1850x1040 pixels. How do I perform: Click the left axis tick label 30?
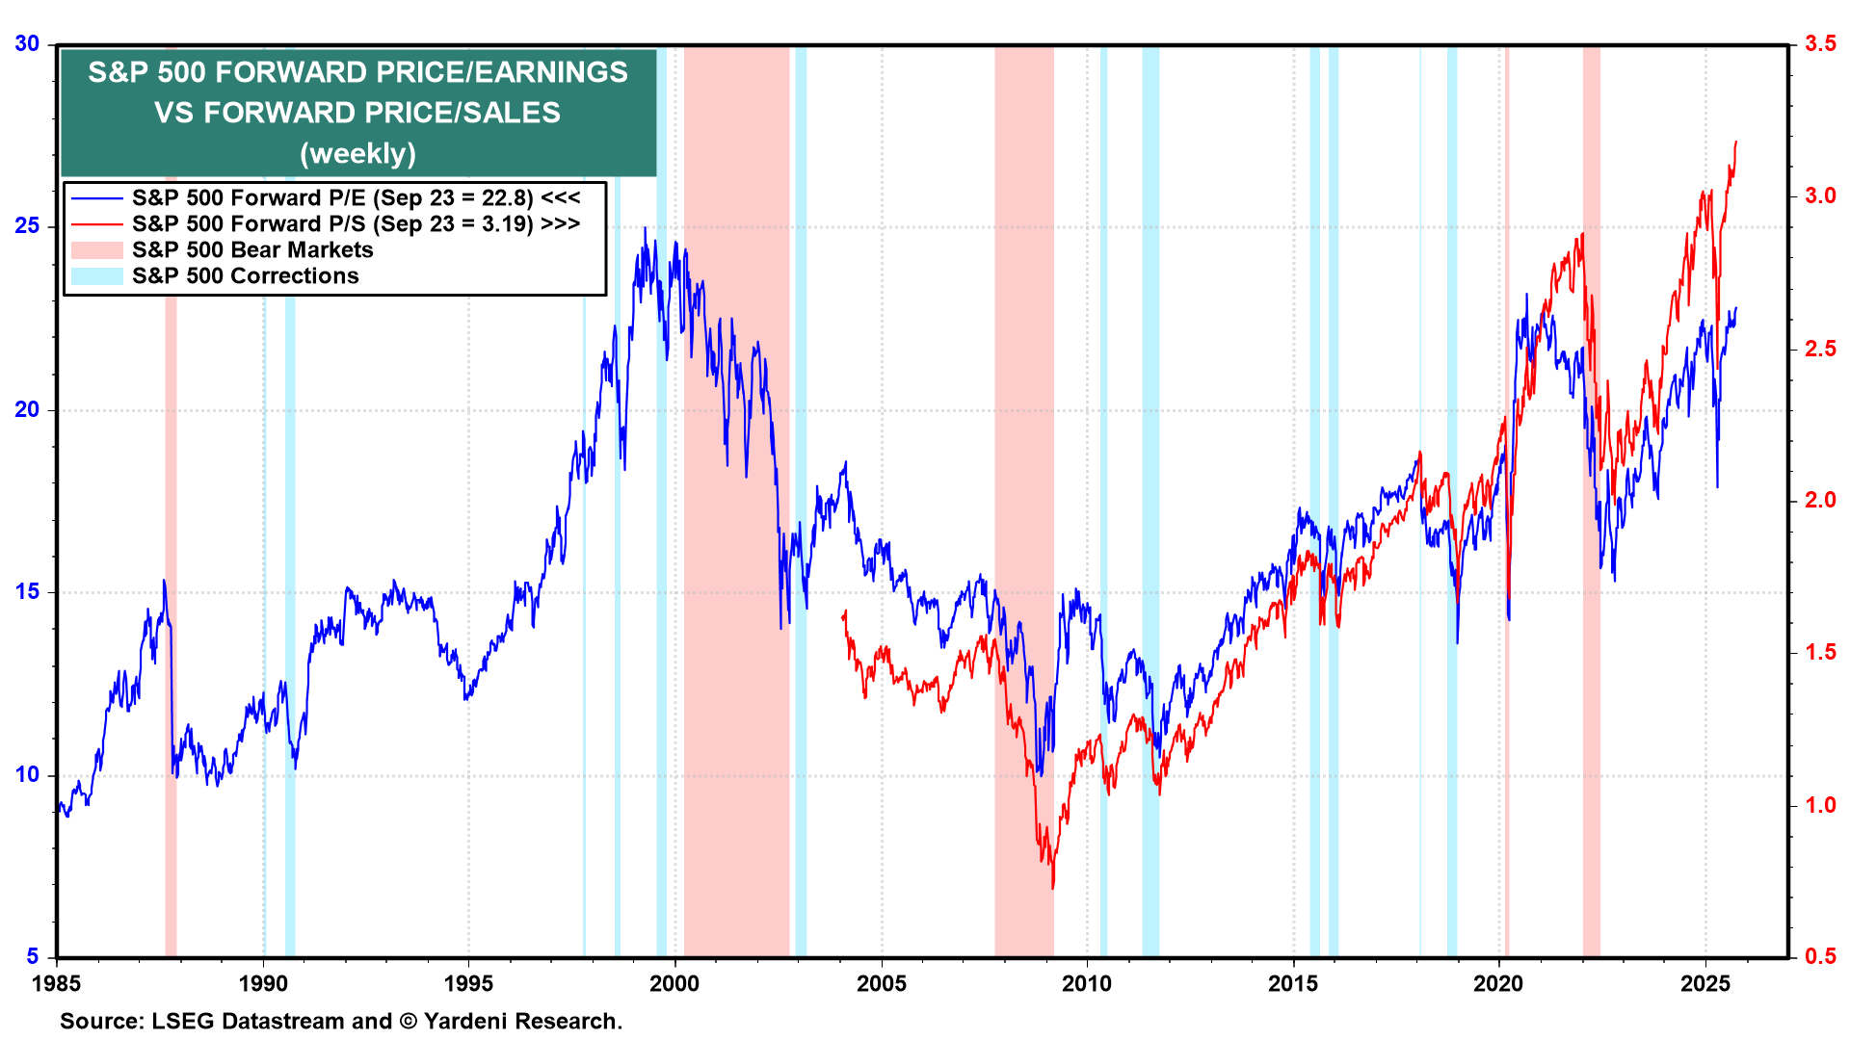tap(27, 44)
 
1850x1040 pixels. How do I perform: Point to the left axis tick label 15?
tap(27, 591)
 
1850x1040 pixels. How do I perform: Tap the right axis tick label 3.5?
tap(1820, 44)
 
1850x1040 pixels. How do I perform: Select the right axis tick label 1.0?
tap(1820, 805)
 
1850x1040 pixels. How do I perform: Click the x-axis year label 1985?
tap(57, 983)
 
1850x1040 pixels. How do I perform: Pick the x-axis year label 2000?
tap(674, 983)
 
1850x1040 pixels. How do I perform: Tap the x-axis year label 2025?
tap(1705, 983)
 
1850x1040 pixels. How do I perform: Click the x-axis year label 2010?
tap(1087, 983)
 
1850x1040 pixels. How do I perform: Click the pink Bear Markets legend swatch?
tap(97, 250)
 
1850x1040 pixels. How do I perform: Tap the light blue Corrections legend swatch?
tap(97, 276)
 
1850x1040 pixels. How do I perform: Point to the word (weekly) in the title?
tap(357, 154)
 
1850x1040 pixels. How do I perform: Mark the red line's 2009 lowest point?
tap(1053, 887)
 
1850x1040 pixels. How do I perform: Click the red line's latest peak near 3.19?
tap(1735, 143)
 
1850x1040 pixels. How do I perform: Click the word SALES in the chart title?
tap(511, 114)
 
